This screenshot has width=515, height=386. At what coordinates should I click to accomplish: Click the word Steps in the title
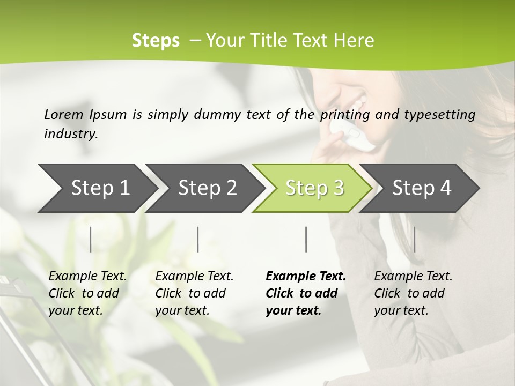pos(156,41)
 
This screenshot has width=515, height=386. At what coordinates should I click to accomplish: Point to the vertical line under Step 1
pos(91,239)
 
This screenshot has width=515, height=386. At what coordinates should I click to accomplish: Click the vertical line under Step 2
pos(198,239)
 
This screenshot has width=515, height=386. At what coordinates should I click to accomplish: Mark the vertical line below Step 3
pos(306,239)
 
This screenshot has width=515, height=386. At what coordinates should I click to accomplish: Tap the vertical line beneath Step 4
pos(414,239)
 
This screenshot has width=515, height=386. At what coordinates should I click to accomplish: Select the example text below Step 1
pos(87,293)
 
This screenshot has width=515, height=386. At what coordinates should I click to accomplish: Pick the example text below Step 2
pos(194,293)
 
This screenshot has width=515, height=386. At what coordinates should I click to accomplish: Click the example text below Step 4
pos(413,293)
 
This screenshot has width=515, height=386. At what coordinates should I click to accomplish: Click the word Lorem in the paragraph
pos(64,114)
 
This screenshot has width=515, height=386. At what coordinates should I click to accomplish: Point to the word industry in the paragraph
pos(71,134)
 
